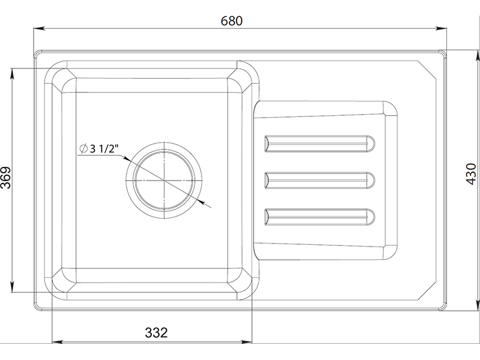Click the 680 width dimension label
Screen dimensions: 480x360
[232, 21]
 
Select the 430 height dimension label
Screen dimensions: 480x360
[472, 174]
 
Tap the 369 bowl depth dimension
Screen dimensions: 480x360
[5, 178]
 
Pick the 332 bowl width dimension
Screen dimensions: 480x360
[157, 332]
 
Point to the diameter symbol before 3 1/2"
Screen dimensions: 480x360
[83, 149]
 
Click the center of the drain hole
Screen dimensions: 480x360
[164, 181]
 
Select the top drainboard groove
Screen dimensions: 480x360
[320, 143]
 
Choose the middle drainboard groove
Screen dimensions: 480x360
[320, 181]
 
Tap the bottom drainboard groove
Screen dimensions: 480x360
[320, 217]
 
